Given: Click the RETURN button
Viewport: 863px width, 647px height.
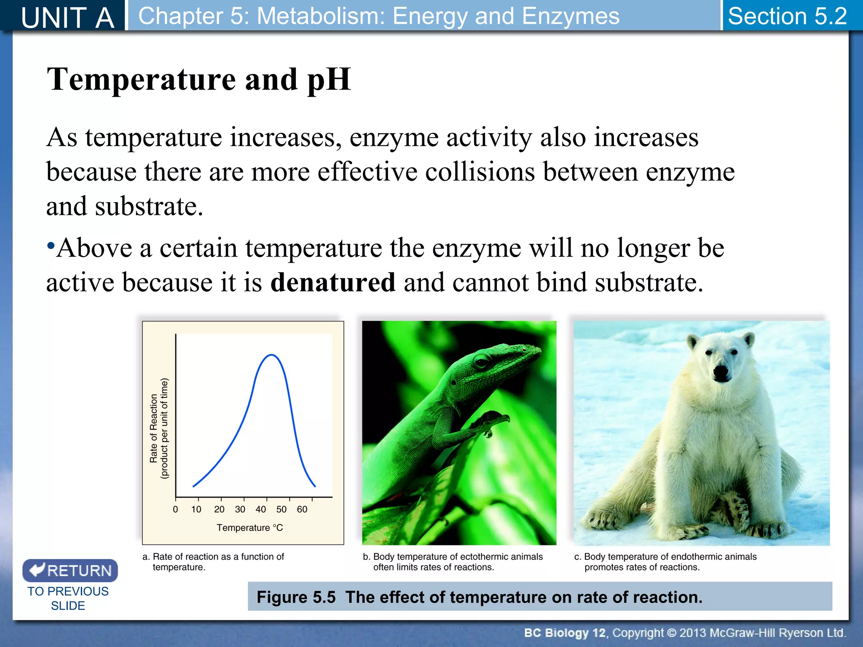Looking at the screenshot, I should pos(70,570).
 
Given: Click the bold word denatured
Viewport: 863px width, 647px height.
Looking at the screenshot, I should pos(333,282).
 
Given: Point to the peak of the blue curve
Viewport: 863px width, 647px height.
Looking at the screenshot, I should pos(272,355).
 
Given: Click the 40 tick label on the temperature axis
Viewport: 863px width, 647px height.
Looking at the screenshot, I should pos(260,509).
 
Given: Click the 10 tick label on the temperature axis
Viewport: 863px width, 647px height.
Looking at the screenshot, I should pos(196,509).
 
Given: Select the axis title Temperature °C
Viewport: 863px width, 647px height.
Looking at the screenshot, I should pos(249,528).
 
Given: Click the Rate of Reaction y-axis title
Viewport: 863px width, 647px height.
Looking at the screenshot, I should pos(154,428).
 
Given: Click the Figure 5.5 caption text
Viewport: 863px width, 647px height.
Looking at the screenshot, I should pos(479,597).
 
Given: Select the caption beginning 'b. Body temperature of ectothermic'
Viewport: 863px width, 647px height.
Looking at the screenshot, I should pos(453,562).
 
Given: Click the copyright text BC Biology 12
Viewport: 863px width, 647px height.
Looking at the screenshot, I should pos(564,633).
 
